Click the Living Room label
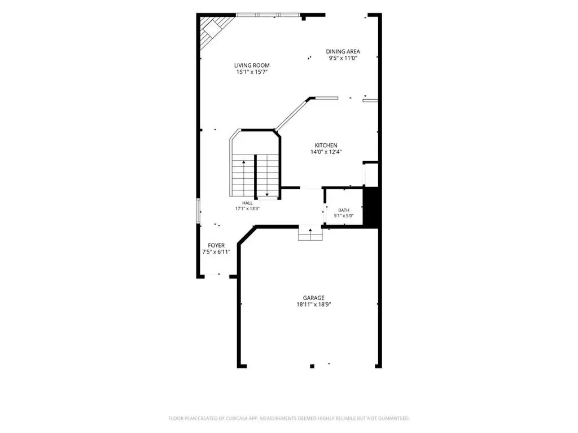click(252, 65)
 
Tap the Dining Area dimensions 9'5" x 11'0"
click(343, 58)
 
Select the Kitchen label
click(326, 145)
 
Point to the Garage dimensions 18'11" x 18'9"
click(314, 304)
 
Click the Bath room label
click(344, 210)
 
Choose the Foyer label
click(216, 246)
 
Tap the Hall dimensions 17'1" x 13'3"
click(247, 209)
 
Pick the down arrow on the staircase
click(267, 176)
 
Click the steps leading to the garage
click(310, 234)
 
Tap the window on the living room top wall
click(268, 15)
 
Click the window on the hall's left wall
click(198, 211)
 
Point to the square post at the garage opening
click(312, 366)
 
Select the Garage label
click(314, 298)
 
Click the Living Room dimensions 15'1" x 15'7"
click(252, 72)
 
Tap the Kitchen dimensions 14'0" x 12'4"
click(326, 152)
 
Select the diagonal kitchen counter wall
click(293, 114)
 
